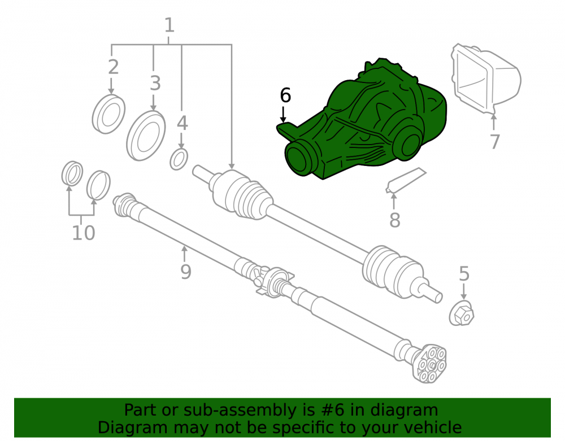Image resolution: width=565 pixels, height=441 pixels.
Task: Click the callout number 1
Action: [x=169, y=25]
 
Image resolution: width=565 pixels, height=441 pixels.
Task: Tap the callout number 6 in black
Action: [x=285, y=95]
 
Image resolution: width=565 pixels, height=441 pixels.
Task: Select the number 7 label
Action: [x=495, y=142]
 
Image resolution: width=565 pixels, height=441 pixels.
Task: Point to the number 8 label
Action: [x=395, y=220]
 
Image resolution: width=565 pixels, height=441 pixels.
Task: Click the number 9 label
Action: [x=186, y=272]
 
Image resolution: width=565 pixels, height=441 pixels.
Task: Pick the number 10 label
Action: [x=84, y=233]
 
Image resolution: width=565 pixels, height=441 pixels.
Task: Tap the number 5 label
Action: [x=464, y=274]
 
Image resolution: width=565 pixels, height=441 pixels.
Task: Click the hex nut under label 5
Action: [x=462, y=314]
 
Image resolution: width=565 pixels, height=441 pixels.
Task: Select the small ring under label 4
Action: [x=179, y=159]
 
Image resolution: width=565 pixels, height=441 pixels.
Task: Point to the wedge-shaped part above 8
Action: [x=405, y=180]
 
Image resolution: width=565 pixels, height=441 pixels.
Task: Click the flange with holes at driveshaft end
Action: [x=430, y=365]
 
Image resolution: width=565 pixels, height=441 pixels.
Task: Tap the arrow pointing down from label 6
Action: [x=284, y=113]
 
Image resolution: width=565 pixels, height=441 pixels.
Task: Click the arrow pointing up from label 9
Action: [x=185, y=254]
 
